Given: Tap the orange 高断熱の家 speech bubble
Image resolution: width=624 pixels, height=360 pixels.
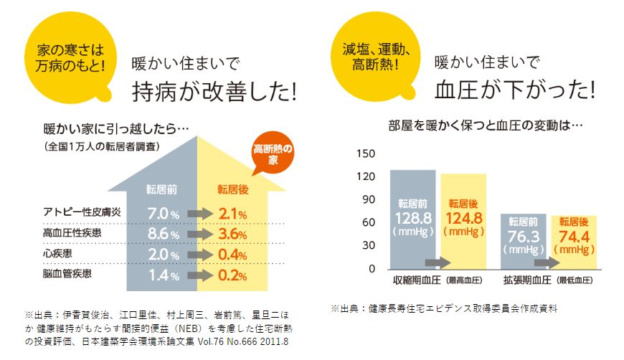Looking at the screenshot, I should pyautogui.click(x=273, y=154).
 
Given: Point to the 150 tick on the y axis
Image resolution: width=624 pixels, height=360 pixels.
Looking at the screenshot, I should pyautogui.click(x=367, y=153).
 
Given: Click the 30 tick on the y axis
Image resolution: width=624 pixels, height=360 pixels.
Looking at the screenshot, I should pyautogui.click(x=367, y=245).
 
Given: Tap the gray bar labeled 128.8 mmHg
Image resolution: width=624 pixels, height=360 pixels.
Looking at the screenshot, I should pyautogui.click(x=412, y=215).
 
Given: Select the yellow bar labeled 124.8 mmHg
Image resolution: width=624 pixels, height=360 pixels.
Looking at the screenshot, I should pyautogui.click(x=463, y=215).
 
